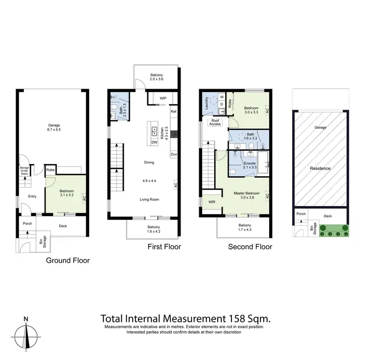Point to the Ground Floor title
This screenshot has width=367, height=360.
(68, 261)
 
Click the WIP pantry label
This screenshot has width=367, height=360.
(163, 98)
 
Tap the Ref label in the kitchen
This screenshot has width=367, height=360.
(173, 112)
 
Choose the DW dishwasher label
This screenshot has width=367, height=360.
(154, 142)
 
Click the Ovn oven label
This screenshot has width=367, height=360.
(173, 155)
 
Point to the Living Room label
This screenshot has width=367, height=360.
(149, 199)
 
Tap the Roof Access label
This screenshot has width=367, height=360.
(215, 122)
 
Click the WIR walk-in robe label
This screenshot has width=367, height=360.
(212, 201)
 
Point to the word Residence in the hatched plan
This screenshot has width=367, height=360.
(320, 168)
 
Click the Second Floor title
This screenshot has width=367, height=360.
(250, 247)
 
